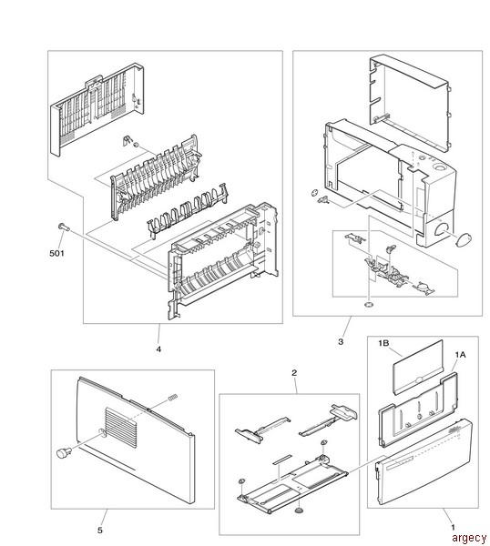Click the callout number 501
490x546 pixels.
point(56,253)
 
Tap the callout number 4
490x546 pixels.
point(158,349)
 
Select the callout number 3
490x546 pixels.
point(341,341)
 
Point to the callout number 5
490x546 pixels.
point(100,531)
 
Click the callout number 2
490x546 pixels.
point(294,373)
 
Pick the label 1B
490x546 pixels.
point(383,343)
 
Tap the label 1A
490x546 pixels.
point(460,355)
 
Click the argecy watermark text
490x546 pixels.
point(469,538)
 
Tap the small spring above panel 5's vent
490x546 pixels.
point(173,397)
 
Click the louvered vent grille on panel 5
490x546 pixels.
point(121,428)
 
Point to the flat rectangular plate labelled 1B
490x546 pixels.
point(418,368)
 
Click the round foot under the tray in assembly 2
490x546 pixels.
point(299,511)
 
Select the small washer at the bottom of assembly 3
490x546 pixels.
point(369,305)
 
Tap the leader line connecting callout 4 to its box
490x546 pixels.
point(158,334)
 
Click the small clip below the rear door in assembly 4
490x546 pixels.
point(127,140)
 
